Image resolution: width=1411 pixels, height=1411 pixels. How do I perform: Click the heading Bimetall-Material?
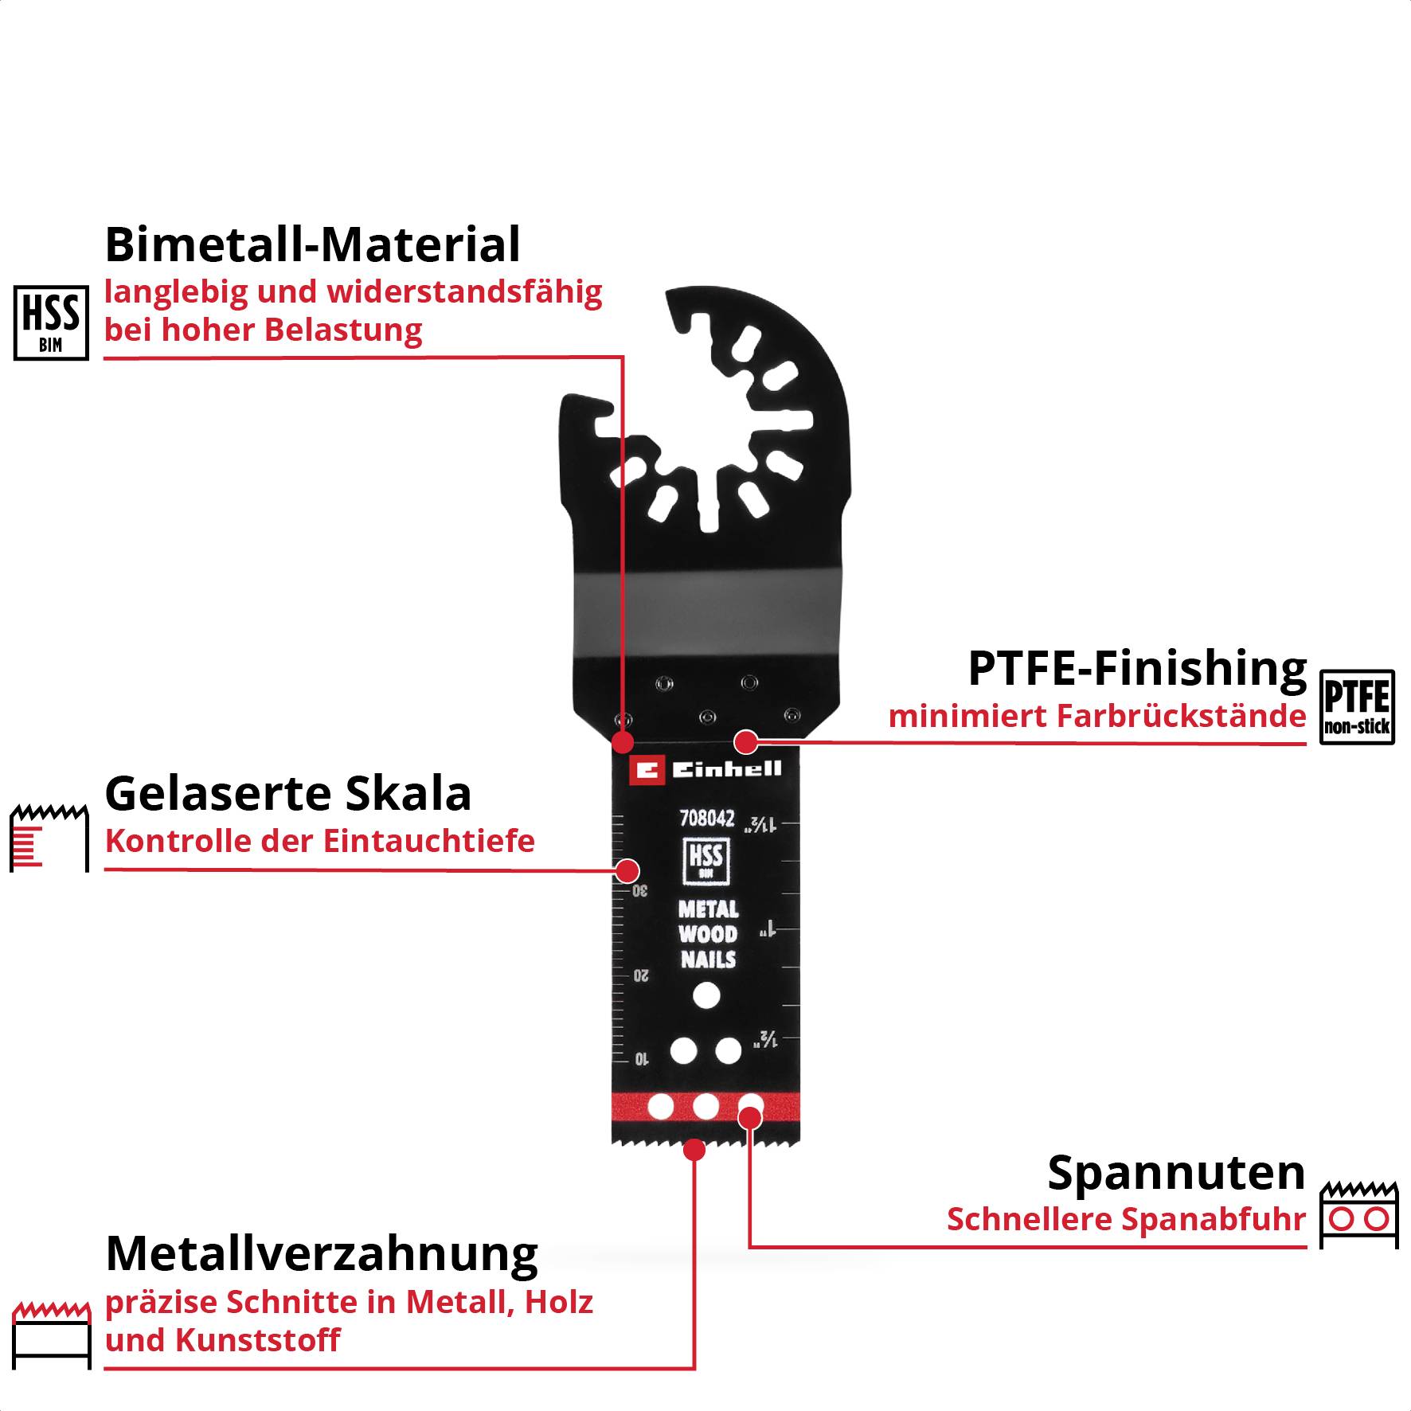coord(312,244)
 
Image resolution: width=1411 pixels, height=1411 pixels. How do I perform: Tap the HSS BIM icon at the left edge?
coord(51,323)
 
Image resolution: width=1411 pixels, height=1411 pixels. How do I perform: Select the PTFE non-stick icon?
coord(1357,707)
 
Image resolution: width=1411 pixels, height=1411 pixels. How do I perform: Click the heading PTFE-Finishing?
coord(1137,668)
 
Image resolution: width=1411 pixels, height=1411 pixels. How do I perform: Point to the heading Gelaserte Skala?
coord(288,794)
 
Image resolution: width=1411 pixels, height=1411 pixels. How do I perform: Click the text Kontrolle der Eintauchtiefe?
coord(320,842)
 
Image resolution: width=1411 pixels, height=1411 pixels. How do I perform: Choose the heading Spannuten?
coord(1176,1173)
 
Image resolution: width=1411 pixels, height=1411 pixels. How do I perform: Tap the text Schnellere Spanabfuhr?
coord(1126,1220)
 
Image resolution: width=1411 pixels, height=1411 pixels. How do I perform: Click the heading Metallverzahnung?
coord(322,1254)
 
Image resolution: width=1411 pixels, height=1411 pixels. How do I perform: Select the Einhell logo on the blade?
coord(705,770)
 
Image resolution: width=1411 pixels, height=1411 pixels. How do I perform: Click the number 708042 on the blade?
coord(706,819)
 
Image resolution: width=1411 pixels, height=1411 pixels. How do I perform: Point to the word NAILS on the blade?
coord(708,960)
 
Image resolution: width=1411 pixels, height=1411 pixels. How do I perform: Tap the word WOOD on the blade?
coord(708,934)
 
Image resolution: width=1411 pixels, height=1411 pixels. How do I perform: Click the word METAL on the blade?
coord(708,909)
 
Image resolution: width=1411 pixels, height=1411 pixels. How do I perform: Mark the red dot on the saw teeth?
coord(694,1150)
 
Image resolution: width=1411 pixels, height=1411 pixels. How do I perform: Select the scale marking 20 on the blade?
coord(641,976)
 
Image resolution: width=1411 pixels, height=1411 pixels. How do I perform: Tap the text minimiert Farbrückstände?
coord(1097,717)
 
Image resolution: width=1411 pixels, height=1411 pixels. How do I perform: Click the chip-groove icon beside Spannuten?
coord(1358,1215)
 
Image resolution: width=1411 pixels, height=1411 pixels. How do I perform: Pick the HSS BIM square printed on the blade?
coord(705,861)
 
